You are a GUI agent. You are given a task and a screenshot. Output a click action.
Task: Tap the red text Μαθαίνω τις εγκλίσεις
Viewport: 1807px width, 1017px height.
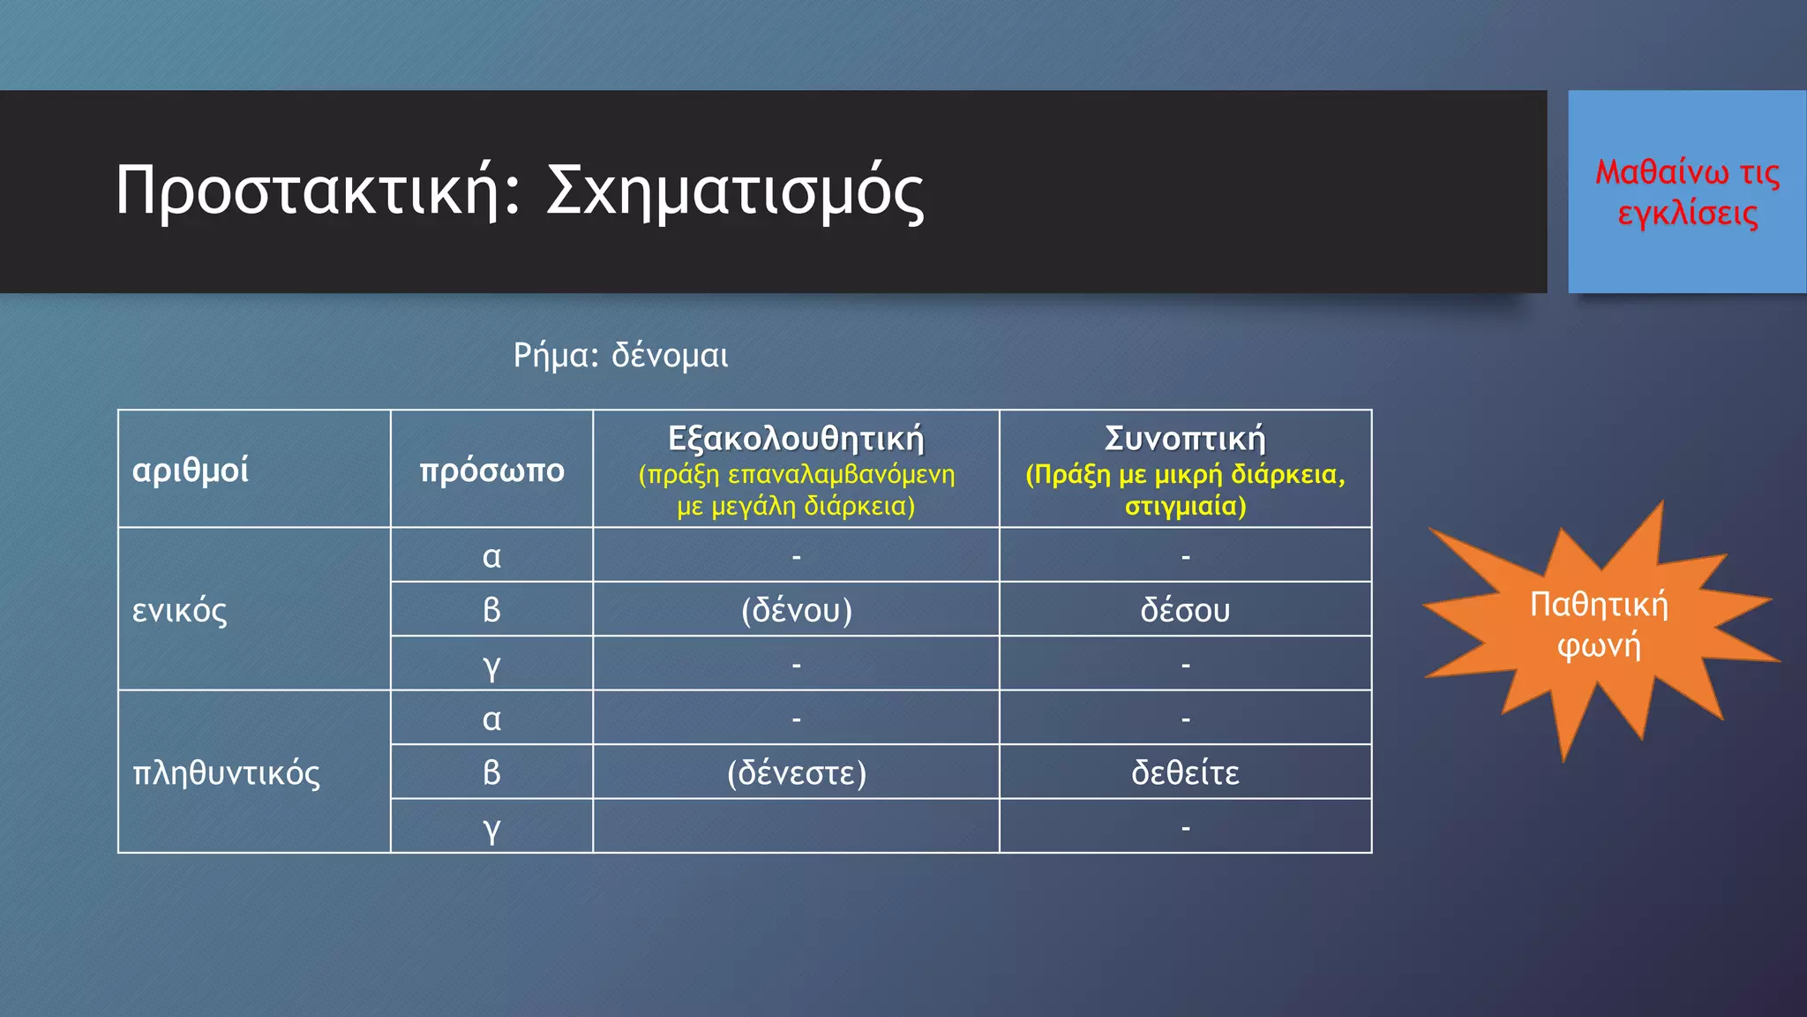(x=1687, y=192)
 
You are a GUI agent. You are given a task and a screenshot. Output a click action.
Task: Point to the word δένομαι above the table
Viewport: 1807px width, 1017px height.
(x=670, y=356)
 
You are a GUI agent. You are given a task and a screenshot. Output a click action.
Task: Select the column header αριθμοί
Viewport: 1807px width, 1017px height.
(x=191, y=470)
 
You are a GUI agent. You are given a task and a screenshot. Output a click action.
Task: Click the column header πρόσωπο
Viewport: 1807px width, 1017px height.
(x=491, y=470)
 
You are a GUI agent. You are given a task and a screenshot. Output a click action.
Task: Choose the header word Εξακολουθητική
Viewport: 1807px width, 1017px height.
(x=796, y=439)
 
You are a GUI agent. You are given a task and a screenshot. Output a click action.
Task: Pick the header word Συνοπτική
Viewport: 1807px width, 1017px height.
(x=1185, y=439)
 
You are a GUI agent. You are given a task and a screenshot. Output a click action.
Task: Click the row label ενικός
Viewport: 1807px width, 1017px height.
(x=180, y=610)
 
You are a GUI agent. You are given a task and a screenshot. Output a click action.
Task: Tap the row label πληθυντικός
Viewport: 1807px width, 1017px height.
(x=226, y=772)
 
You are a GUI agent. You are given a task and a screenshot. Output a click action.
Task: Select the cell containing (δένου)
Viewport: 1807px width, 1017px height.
(x=796, y=610)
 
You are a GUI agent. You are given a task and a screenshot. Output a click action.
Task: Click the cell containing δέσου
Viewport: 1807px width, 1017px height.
(x=1185, y=610)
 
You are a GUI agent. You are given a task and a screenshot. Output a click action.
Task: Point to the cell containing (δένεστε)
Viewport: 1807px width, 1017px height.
(x=796, y=772)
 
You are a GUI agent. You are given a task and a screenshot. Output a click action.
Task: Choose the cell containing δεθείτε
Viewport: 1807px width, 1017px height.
(x=1185, y=772)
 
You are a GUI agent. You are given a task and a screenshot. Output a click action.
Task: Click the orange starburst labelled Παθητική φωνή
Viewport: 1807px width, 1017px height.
(x=1598, y=625)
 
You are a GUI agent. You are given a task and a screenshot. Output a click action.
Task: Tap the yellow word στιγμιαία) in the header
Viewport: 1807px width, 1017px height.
(x=1185, y=507)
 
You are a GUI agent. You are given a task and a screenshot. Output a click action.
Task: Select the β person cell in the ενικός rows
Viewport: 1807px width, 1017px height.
(x=491, y=610)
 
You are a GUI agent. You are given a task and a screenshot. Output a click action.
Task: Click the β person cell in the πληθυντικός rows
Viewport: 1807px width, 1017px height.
(x=491, y=772)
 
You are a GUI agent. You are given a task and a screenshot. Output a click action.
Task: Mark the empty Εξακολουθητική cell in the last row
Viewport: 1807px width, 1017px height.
(x=796, y=826)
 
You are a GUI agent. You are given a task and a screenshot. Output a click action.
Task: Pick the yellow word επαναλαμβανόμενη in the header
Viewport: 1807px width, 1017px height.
(x=842, y=475)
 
